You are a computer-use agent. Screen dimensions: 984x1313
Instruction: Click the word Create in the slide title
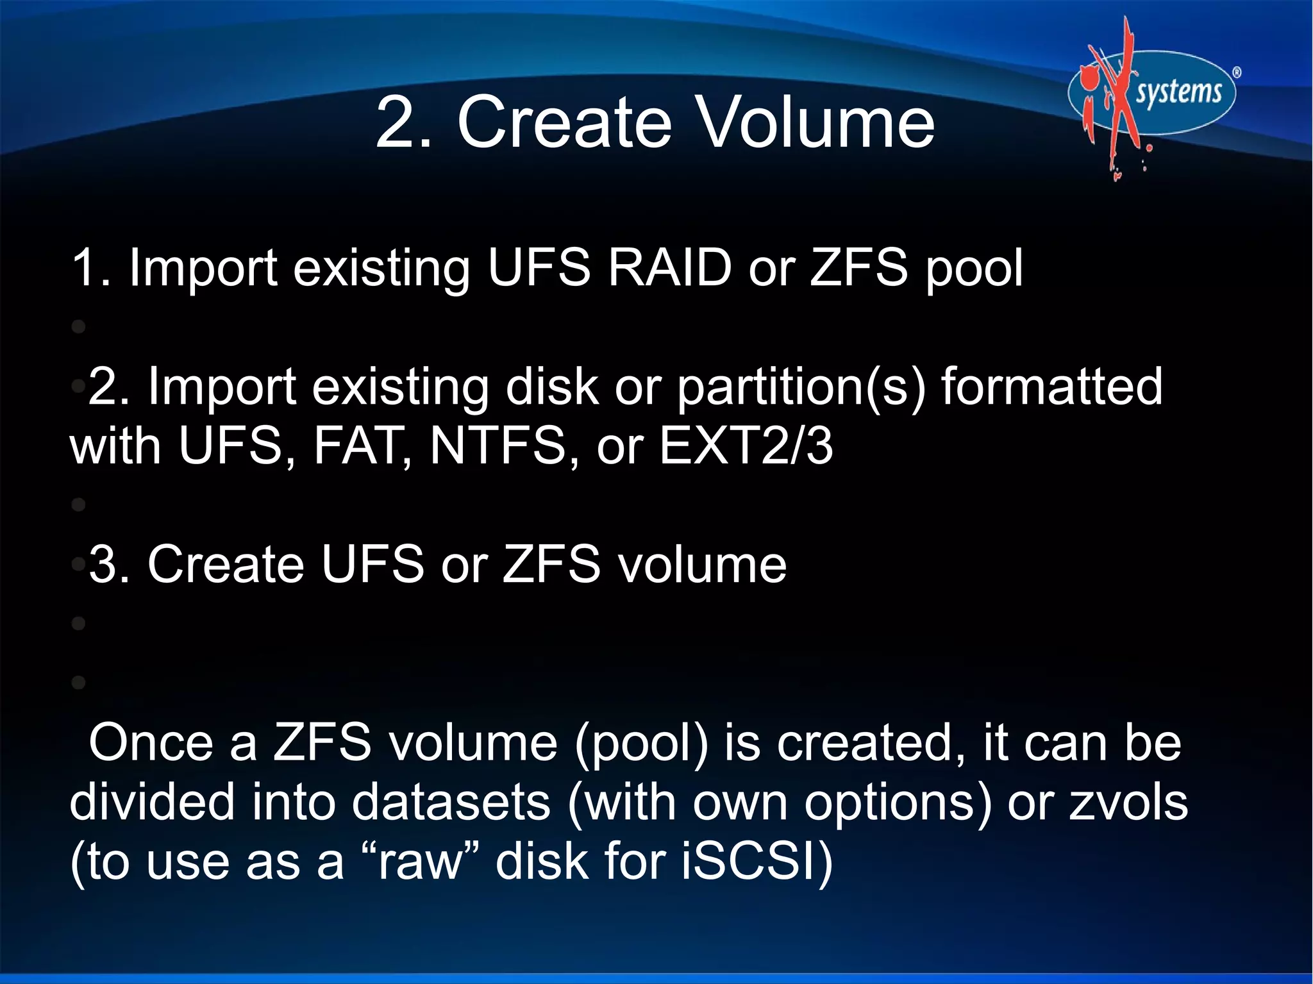point(564,122)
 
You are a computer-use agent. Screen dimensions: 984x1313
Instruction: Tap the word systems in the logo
point(1178,92)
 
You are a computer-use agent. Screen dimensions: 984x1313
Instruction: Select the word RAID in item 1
point(669,267)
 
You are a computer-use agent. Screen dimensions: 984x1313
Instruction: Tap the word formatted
point(1051,387)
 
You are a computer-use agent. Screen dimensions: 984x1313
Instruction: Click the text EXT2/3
point(746,446)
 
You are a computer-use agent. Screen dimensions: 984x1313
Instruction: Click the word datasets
point(451,803)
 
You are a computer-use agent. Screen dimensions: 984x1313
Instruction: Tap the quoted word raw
point(420,862)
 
